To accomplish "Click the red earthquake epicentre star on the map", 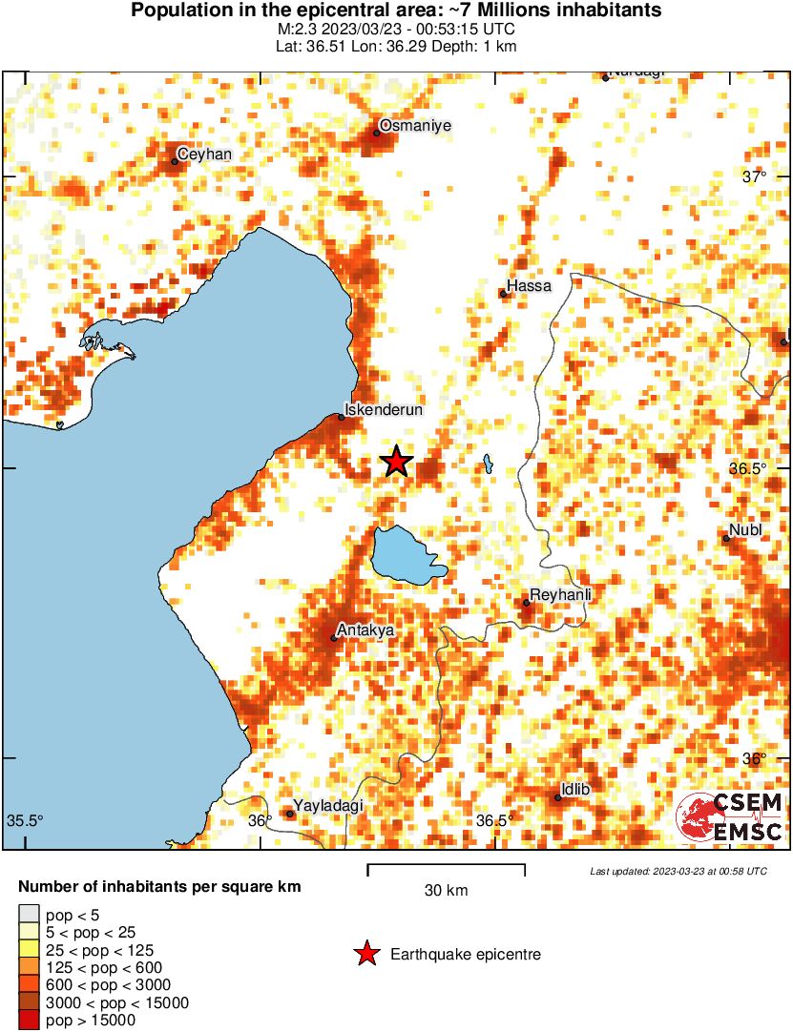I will [397, 462].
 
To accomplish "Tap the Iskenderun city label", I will [383, 409].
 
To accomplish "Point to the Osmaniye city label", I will [415, 125].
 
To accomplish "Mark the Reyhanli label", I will [561, 594].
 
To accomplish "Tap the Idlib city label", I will [576, 790].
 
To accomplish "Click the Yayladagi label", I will [329, 806].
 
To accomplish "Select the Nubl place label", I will [745, 530].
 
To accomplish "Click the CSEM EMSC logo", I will [730, 817].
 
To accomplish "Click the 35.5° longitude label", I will [27, 820].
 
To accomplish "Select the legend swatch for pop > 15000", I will [30, 1021].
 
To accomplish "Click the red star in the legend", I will [365, 954].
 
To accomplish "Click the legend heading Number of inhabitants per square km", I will [160, 887].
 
